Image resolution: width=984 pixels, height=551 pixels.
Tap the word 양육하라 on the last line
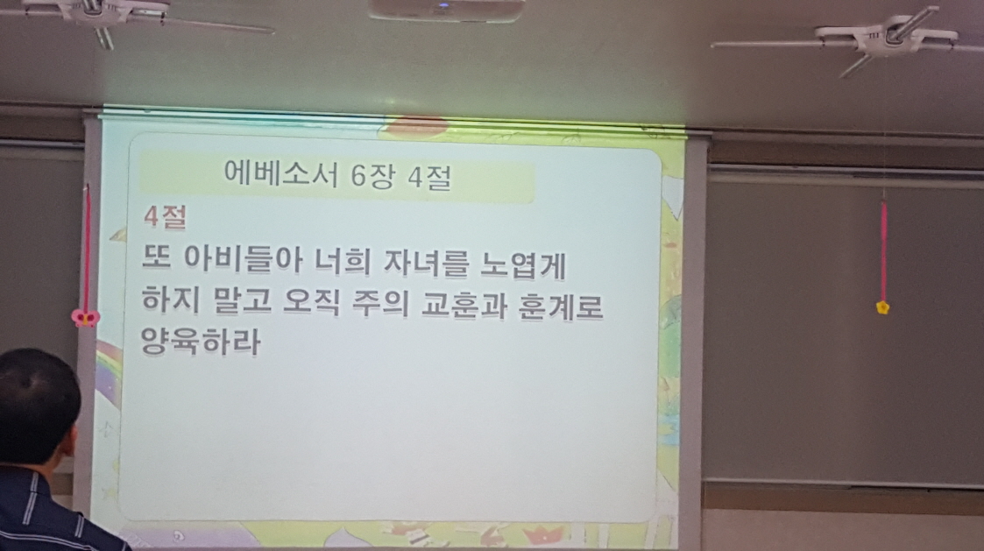(x=201, y=341)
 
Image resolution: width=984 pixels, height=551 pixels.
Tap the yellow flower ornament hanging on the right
(x=881, y=307)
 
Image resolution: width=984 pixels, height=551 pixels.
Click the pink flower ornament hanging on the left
(x=85, y=316)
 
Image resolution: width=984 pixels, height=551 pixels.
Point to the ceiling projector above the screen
(x=447, y=9)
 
